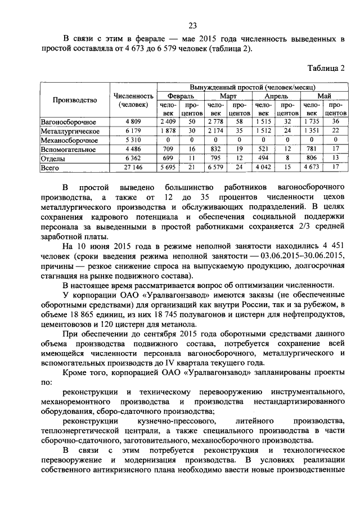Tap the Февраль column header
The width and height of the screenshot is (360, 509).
point(181,96)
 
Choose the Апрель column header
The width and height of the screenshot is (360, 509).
point(276,96)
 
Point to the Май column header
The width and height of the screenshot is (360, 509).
point(324,96)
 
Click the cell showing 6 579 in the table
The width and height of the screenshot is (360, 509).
point(216,168)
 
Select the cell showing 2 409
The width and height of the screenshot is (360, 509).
point(169,121)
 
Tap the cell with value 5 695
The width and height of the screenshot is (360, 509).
point(169,168)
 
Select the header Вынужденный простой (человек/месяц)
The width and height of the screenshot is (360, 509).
point(252,88)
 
